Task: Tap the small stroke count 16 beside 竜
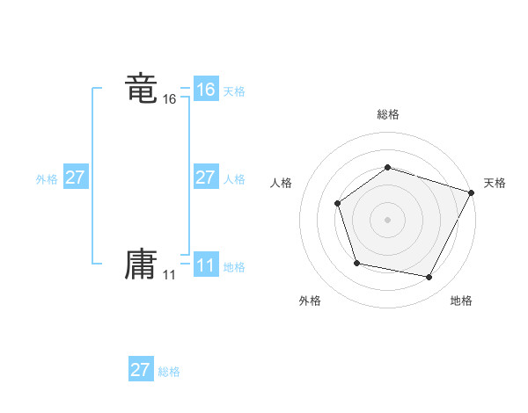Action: (x=169, y=100)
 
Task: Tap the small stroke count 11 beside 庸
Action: (x=169, y=275)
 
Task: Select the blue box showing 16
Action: (x=205, y=90)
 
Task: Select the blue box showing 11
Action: (x=205, y=265)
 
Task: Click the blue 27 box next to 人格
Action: (x=205, y=178)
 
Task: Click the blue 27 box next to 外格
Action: (x=75, y=178)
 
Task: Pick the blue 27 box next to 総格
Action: (x=140, y=370)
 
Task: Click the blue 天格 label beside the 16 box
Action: (x=234, y=91)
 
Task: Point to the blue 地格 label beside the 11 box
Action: (x=234, y=267)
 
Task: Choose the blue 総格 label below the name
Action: (x=169, y=372)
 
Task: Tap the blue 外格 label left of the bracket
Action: (x=47, y=179)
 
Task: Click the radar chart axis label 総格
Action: (x=387, y=114)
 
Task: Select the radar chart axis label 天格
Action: (x=495, y=183)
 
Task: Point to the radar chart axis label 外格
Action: (x=310, y=301)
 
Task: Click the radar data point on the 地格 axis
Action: (x=429, y=278)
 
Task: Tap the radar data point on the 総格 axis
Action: (x=387, y=167)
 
